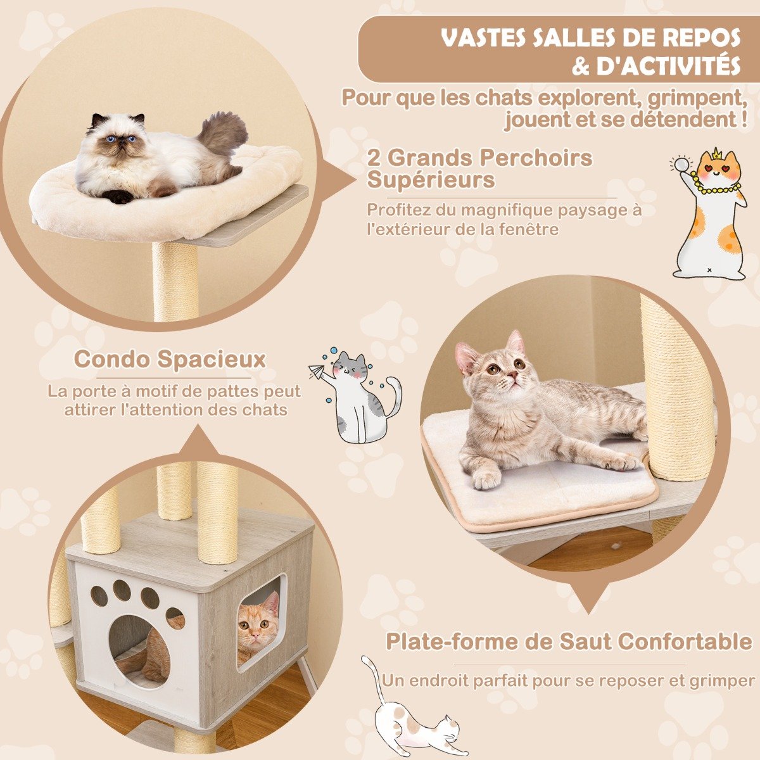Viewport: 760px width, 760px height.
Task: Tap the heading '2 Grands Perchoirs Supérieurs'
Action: [479, 168]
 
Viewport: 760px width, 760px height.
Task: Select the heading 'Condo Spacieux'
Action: [170, 359]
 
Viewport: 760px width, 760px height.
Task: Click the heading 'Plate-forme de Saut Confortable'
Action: [569, 642]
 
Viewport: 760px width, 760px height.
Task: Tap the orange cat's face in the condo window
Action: [258, 628]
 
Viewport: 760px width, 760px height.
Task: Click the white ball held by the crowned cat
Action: [681, 165]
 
